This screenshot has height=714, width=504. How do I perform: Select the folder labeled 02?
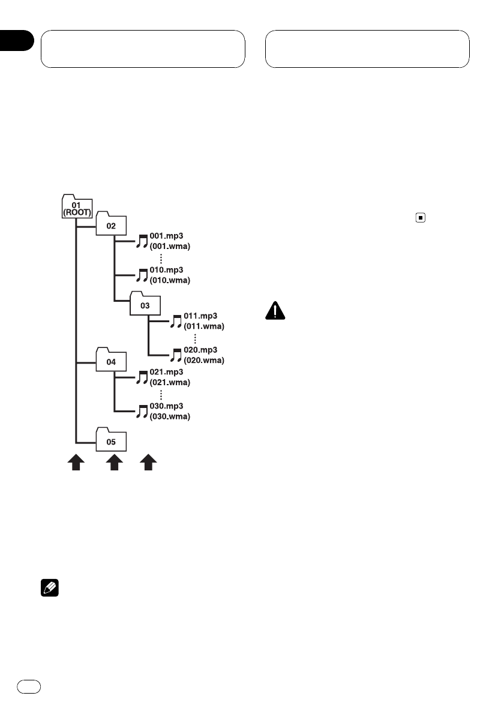[110, 226]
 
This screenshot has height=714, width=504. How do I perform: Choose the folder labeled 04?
[110, 362]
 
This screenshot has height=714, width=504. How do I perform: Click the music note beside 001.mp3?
[142, 241]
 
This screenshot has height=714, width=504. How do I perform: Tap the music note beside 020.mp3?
[176, 355]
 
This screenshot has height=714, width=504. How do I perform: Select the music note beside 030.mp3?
[142, 411]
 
